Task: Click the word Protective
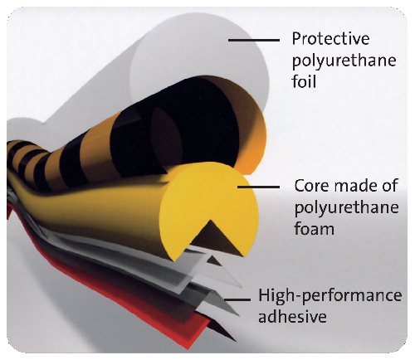(x=330, y=39)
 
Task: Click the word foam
(x=314, y=228)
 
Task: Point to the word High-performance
(x=330, y=296)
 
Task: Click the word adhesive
(x=292, y=316)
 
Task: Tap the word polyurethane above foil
(x=344, y=61)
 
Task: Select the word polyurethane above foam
(x=346, y=208)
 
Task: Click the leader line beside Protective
(x=254, y=40)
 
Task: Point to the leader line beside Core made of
(x=258, y=187)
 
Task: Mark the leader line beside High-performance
(x=237, y=299)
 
